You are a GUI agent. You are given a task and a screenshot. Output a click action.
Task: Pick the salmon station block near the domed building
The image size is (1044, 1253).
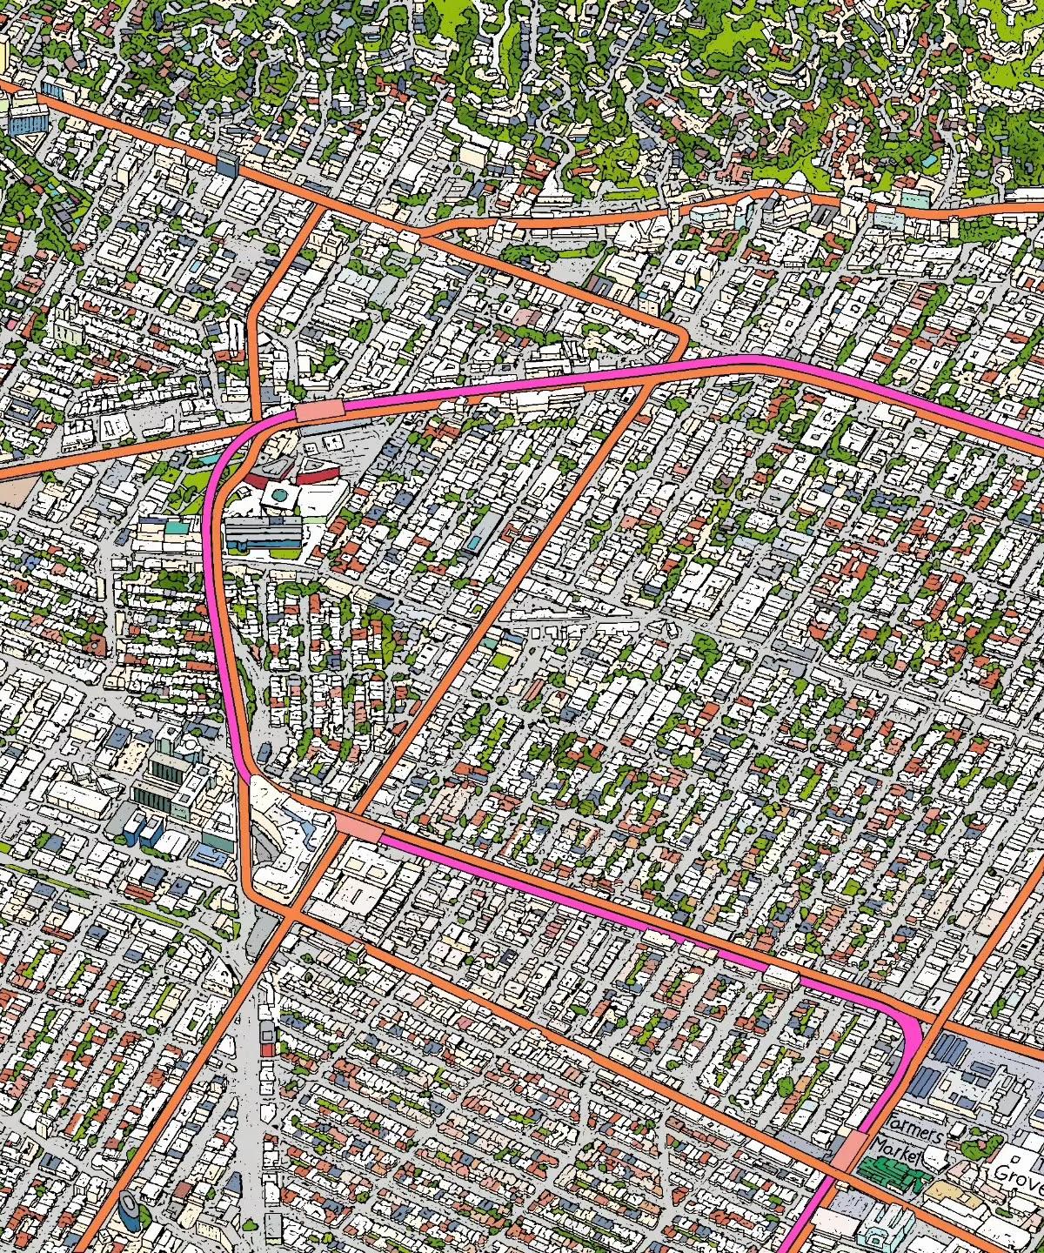(x=319, y=411)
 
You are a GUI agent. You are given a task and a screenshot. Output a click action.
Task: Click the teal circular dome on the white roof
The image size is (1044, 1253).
(x=278, y=494)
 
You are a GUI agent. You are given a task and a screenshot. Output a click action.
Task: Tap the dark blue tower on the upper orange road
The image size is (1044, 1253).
(x=227, y=163)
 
